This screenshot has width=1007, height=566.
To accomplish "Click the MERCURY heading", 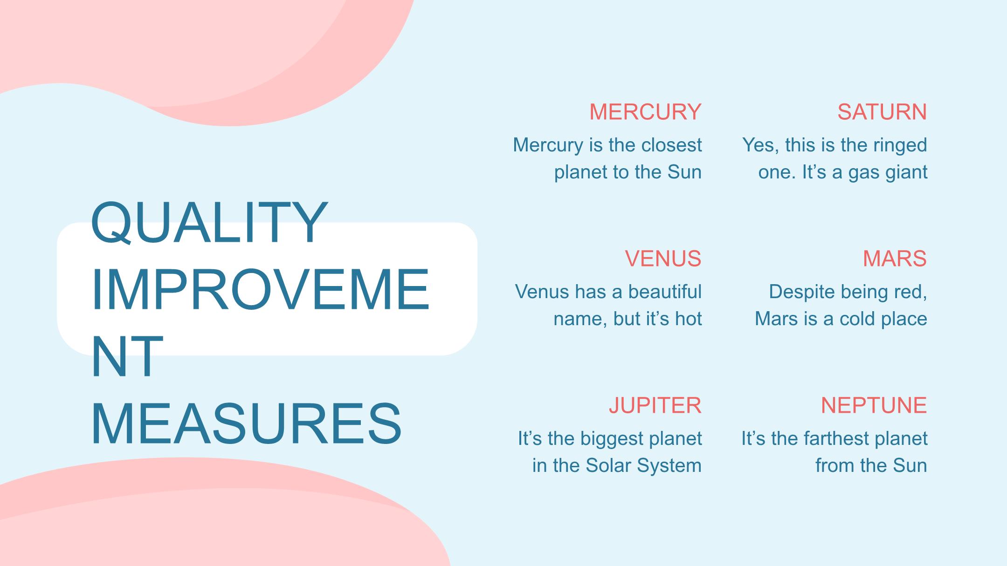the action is (x=645, y=112).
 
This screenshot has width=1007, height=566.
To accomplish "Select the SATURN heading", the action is (x=882, y=112).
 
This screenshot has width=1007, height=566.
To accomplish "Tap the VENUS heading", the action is (x=663, y=259).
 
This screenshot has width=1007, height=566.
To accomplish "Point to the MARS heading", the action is (x=895, y=259).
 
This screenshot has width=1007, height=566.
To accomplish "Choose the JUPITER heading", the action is (x=655, y=405).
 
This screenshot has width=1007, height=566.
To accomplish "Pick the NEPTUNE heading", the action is (x=874, y=405).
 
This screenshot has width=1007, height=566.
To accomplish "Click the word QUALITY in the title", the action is (x=209, y=222).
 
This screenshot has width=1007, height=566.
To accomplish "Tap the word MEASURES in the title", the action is (x=246, y=424).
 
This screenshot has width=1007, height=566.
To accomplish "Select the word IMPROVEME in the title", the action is (x=260, y=289).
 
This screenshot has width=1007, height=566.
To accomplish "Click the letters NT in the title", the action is (x=127, y=356).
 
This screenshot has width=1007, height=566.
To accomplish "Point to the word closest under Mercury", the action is (x=671, y=145).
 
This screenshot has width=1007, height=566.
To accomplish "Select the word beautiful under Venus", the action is (x=665, y=292).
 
